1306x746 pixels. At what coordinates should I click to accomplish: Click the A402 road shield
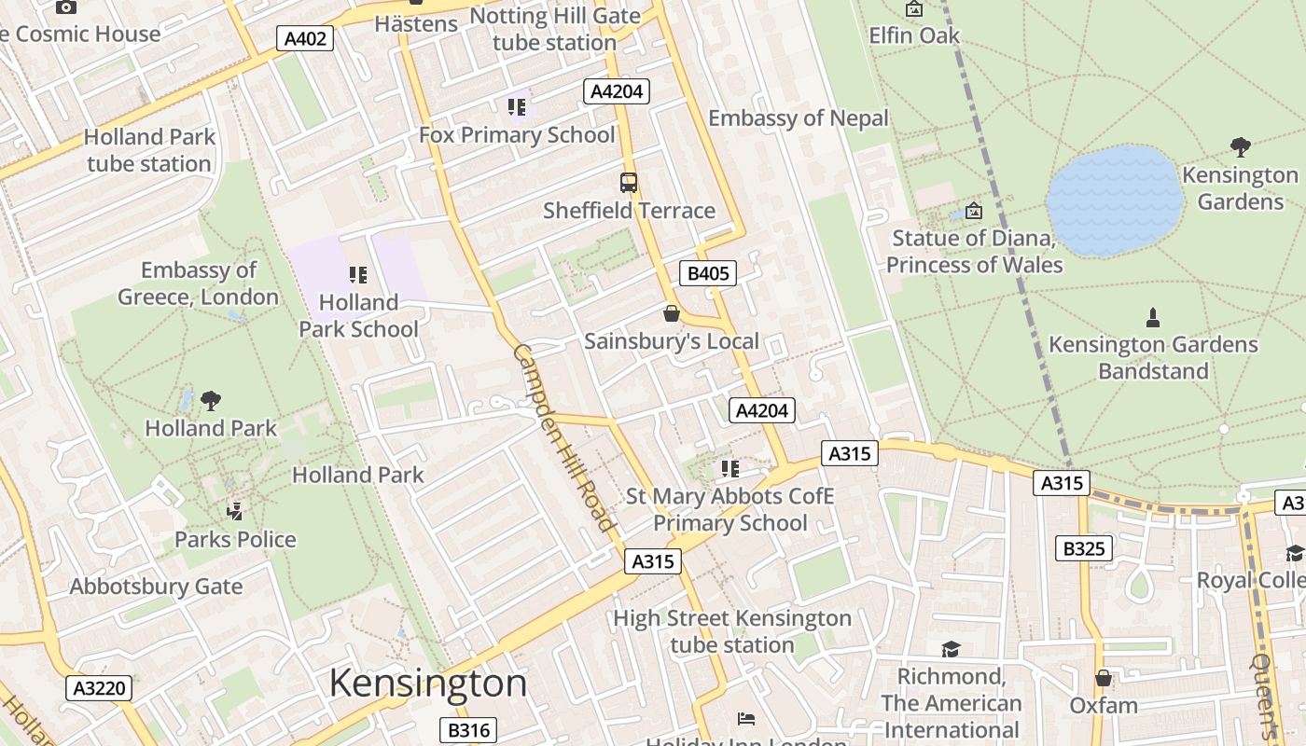[305, 38]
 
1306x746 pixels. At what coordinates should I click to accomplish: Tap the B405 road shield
[708, 273]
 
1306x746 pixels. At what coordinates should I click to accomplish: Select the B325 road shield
[1084, 548]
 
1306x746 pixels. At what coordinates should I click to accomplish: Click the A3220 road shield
[99, 689]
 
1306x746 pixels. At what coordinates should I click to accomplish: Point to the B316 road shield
[467, 729]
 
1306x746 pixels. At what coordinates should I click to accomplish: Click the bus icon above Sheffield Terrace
[629, 183]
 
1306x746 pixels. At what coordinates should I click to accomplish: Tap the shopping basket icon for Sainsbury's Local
[671, 313]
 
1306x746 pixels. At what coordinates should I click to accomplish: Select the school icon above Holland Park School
[358, 275]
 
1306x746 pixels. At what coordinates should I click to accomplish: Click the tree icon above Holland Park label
[211, 401]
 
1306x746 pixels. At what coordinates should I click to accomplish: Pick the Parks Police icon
[235, 511]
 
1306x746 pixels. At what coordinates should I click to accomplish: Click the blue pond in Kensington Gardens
[1114, 200]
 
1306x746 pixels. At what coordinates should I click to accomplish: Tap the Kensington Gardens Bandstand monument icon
[1153, 317]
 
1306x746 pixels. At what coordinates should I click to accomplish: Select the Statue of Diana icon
[974, 211]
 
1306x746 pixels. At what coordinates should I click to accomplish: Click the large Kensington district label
[428, 684]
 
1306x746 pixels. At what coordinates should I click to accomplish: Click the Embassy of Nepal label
[799, 118]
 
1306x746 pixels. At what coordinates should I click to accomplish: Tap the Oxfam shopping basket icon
[1104, 678]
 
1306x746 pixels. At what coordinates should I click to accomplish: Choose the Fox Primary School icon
[517, 107]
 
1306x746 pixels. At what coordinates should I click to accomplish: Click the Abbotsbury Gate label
[156, 587]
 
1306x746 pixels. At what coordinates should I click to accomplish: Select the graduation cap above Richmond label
[951, 649]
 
